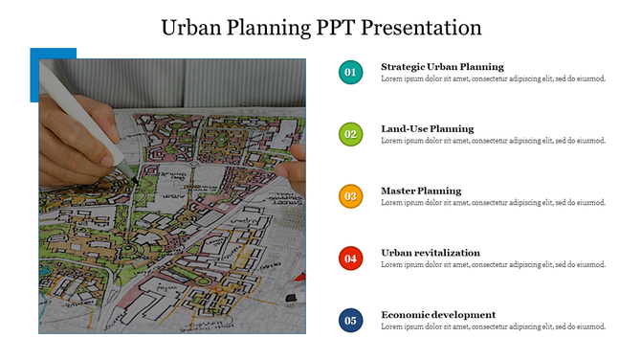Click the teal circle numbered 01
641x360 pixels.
(350, 72)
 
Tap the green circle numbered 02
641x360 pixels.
(350, 134)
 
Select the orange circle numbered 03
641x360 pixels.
(350, 196)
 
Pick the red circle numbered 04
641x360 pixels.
(350, 258)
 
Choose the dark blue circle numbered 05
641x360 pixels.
(350, 320)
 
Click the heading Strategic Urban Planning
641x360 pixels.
(442, 67)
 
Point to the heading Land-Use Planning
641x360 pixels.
(427, 128)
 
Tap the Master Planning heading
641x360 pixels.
(421, 191)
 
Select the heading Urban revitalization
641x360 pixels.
(431, 253)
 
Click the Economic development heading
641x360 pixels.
(438, 314)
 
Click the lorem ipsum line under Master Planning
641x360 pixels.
(493, 203)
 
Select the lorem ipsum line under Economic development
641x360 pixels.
(493, 326)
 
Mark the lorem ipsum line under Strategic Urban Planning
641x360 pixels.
(493, 79)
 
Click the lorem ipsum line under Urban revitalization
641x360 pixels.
(493, 264)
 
